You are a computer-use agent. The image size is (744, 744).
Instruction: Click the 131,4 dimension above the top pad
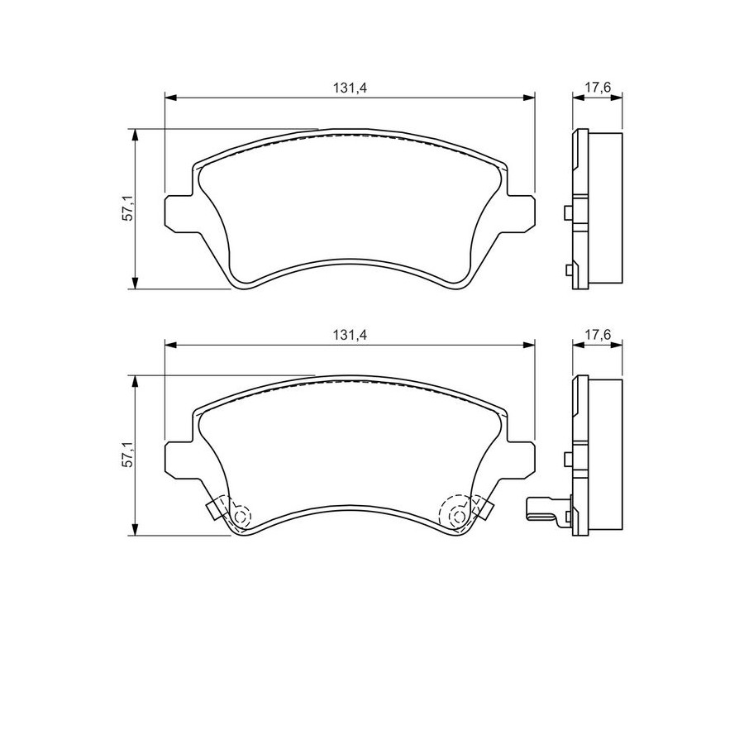coord(350,88)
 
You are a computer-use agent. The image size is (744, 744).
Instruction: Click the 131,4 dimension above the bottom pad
coord(350,335)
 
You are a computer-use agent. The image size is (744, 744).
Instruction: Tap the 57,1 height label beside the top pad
coord(127,209)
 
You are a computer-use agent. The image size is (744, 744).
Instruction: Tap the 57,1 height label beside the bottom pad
coord(127,455)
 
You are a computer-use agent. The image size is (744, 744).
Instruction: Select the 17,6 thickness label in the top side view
coord(598,88)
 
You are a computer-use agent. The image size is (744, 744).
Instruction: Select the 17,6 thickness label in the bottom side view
coord(598,335)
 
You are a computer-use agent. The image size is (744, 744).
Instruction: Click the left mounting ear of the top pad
coord(179,213)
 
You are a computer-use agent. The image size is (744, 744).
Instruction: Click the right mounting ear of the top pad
coord(521,213)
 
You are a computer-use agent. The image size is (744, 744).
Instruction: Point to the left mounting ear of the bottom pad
coord(179,460)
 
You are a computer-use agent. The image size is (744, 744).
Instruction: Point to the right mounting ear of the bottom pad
coord(521,460)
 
